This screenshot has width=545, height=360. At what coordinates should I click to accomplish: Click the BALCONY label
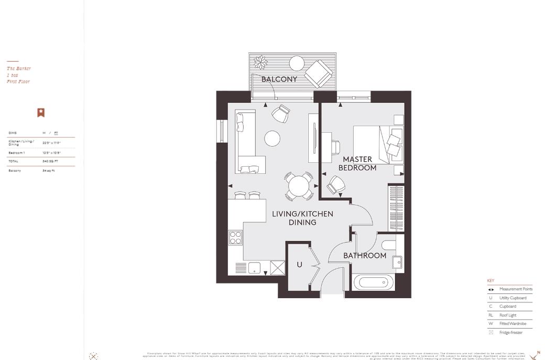(279, 79)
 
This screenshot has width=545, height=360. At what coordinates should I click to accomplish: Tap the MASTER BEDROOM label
(357, 163)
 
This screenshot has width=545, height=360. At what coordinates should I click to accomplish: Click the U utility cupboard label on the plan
(299, 265)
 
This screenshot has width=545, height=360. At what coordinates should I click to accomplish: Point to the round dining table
(299, 186)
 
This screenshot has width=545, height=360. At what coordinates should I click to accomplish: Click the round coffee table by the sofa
(272, 138)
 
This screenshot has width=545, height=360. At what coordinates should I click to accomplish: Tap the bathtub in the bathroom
(374, 283)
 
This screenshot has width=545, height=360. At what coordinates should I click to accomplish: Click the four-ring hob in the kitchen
(235, 238)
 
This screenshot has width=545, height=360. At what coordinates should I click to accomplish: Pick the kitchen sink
(255, 267)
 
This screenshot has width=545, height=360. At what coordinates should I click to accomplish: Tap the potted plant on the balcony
(260, 62)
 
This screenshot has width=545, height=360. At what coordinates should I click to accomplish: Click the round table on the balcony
(297, 63)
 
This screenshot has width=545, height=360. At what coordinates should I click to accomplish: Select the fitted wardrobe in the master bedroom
(396, 208)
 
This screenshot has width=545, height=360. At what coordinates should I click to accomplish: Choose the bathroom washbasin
(397, 262)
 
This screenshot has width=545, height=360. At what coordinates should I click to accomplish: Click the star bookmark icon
(41, 113)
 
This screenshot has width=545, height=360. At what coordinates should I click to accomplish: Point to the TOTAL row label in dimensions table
(13, 161)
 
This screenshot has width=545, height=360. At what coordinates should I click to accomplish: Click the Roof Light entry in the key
(508, 315)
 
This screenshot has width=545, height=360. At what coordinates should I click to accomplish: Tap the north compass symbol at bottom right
(535, 356)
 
